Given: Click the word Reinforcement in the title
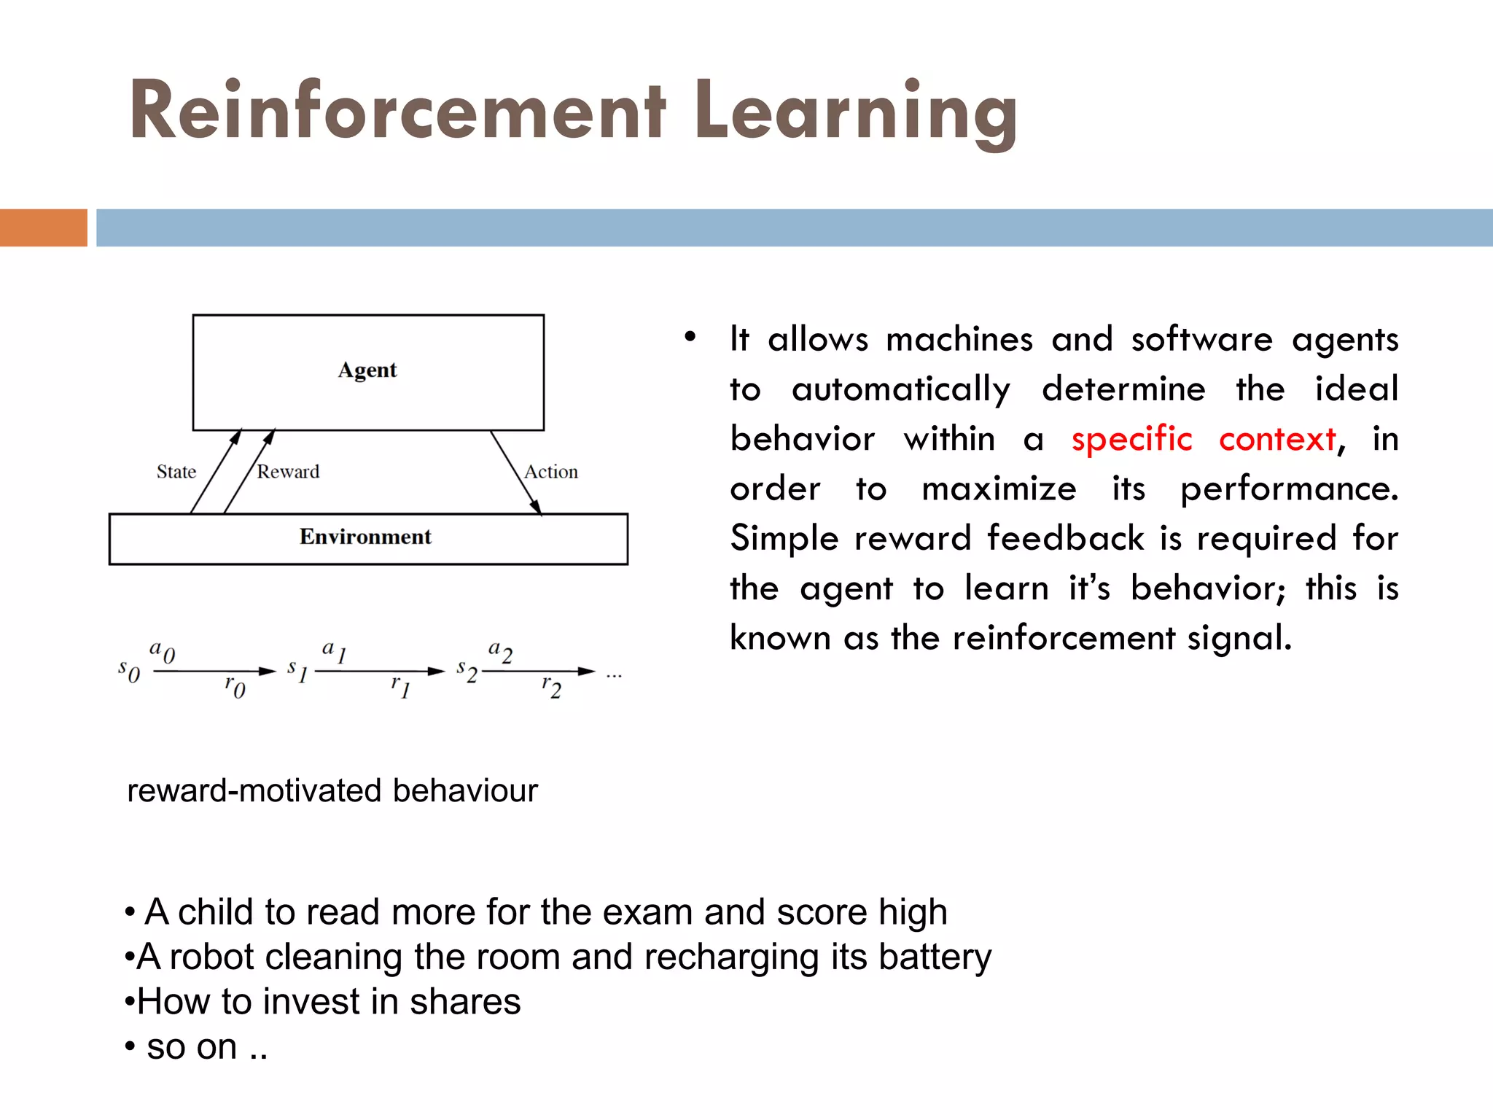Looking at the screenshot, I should (397, 111).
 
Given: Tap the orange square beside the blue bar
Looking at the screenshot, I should (43, 227).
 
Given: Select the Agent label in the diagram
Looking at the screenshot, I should (367, 370).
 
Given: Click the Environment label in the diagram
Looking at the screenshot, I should (365, 537).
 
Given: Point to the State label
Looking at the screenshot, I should (176, 472).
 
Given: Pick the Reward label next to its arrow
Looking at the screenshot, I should (288, 472).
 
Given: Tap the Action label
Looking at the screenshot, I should (551, 472).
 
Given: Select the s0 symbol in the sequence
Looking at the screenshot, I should (129, 671).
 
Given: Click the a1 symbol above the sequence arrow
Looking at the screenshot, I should (334, 650).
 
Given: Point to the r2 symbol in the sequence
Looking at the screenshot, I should (551, 686).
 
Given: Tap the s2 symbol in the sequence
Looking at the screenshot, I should (467, 671).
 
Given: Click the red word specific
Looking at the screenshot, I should (1131, 440).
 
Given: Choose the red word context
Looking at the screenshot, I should (1278, 440).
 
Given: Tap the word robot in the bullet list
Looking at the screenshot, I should (211, 957).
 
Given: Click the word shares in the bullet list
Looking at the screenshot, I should (465, 1002).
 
